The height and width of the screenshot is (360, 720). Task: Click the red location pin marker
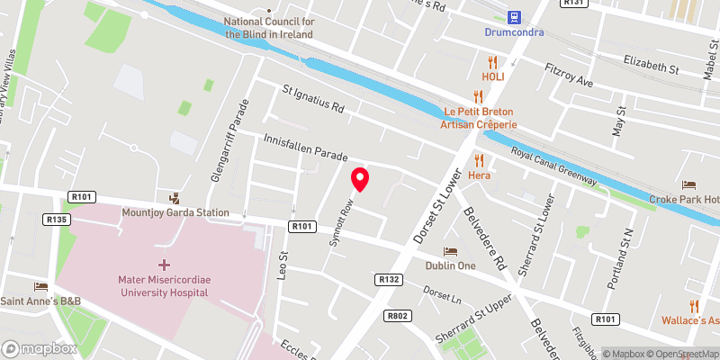360,179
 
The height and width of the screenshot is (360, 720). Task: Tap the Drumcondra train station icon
515,16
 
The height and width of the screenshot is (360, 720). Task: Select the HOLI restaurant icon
491,61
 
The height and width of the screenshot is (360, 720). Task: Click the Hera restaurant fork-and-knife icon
479,159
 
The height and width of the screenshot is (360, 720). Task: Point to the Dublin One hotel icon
452,251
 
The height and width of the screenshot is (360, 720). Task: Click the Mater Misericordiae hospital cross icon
164,265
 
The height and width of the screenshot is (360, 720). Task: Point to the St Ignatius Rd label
313,99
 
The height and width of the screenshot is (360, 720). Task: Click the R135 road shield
56,219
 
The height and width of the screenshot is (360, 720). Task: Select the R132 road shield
389,280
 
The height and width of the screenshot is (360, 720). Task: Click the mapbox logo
39,348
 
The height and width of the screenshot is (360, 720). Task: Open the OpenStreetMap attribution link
681,354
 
